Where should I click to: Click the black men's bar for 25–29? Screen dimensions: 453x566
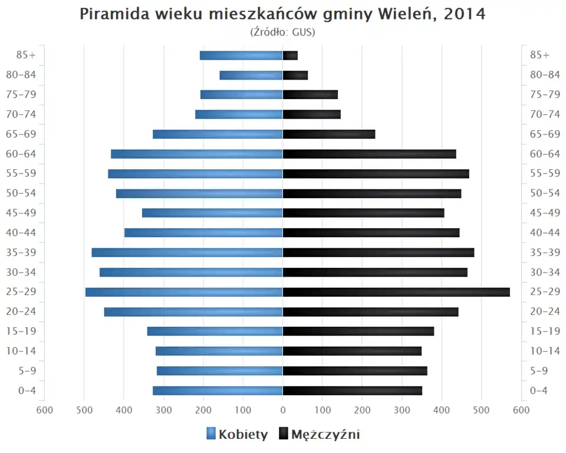396,292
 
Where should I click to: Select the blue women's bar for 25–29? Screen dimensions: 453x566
184,292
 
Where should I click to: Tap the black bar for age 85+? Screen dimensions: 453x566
290,55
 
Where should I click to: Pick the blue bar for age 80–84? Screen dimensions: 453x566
251,75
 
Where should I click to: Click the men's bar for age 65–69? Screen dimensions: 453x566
329,134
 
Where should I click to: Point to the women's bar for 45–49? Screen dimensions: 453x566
212,213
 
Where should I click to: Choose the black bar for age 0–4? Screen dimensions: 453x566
353,390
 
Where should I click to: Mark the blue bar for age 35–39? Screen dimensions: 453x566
187,252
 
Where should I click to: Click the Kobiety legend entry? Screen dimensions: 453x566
238,435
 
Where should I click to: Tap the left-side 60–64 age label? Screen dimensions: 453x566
22,154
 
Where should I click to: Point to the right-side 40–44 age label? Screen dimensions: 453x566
545,232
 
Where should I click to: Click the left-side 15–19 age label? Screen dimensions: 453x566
22,331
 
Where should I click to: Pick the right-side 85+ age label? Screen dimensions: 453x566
539,55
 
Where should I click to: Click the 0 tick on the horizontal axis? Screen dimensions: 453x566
283,410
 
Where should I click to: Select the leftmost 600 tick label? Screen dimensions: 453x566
44,410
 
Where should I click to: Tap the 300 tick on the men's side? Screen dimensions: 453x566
402,410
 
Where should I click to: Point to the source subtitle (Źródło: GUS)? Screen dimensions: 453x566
283,32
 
